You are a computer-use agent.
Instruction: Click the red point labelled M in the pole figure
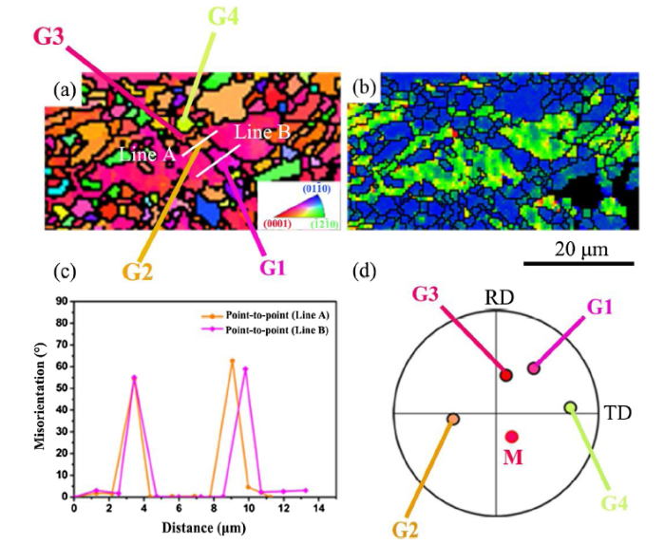(x=511, y=437)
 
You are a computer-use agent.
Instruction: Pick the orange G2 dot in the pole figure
(x=453, y=419)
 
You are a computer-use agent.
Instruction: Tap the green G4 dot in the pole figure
(x=570, y=407)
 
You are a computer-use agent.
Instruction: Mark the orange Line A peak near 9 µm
(x=232, y=361)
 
